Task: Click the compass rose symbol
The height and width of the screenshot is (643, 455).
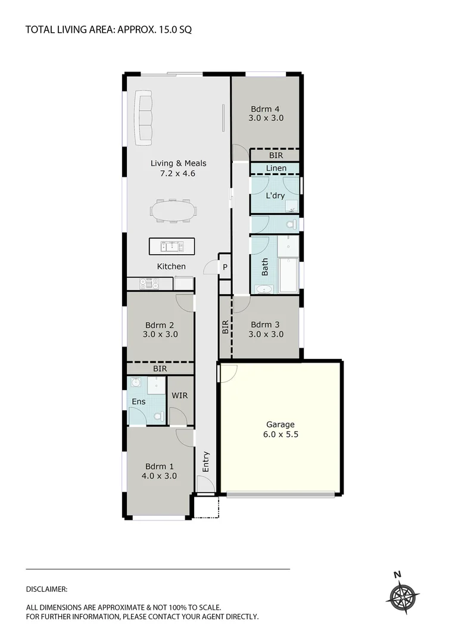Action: tap(404, 595)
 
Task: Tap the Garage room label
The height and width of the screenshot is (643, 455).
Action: tap(280, 424)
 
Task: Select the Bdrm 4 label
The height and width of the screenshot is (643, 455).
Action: tap(266, 109)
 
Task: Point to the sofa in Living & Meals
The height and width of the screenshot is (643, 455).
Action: tap(144, 117)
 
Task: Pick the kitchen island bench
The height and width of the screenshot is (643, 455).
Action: tap(171, 246)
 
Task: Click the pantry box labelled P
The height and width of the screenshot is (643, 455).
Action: tap(225, 267)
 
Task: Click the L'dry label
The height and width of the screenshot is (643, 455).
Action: tap(275, 195)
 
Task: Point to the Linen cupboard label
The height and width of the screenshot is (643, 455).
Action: tap(276, 168)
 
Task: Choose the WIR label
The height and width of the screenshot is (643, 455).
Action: tap(180, 395)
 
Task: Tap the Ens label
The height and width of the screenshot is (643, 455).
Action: tap(138, 401)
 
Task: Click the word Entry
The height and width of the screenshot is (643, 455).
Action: tap(206, 463)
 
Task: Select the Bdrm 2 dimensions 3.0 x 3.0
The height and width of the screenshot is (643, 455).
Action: tap(160, 335)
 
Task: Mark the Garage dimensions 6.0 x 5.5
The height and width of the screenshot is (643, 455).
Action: tap(280, 435)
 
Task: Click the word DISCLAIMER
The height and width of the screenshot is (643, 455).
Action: tap(47, 589)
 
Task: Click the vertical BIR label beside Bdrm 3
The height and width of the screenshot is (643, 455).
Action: tap(225, 326)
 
